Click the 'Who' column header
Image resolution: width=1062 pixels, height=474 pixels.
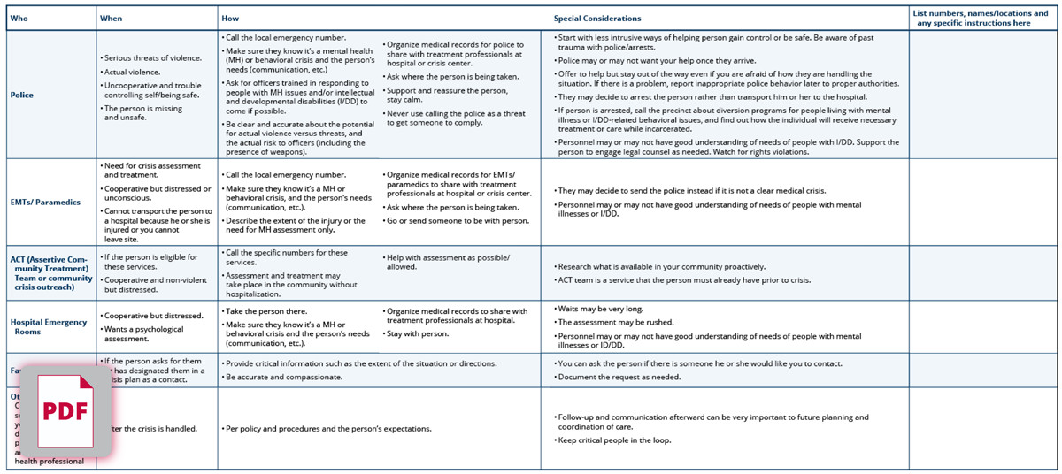19,19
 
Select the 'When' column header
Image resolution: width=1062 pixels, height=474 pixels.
111,19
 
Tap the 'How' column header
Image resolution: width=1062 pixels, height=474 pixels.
230,19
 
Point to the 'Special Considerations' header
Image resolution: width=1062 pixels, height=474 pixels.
597,19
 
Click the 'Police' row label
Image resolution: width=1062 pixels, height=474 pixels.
22,95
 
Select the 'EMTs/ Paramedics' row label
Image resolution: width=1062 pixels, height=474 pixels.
45,203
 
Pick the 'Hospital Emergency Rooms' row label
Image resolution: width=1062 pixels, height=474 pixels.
49,326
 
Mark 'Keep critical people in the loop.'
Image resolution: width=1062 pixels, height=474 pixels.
615,440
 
